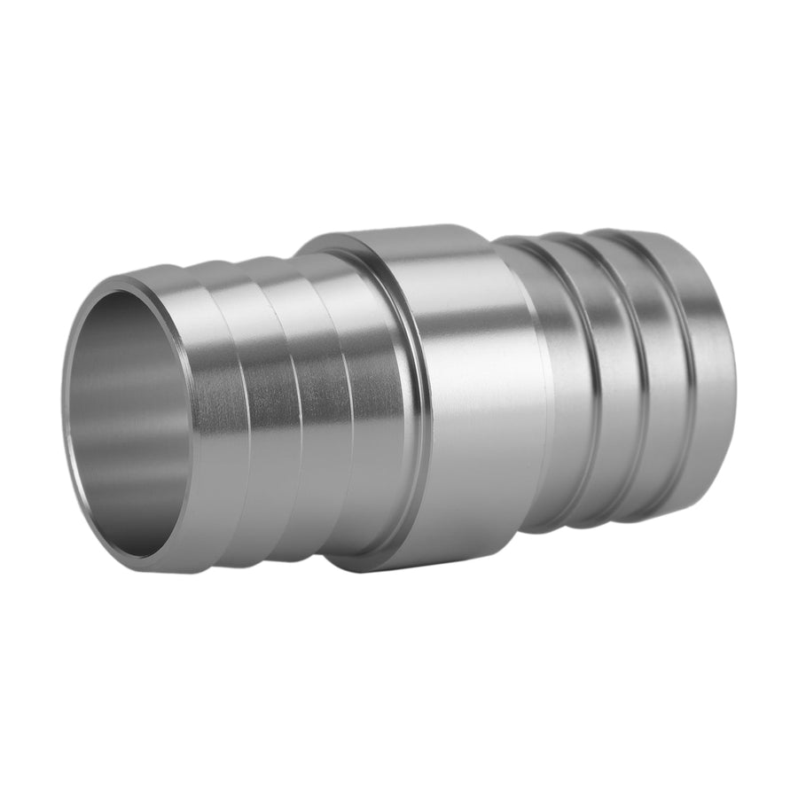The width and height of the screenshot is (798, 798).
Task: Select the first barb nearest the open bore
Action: tap(217, 417)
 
